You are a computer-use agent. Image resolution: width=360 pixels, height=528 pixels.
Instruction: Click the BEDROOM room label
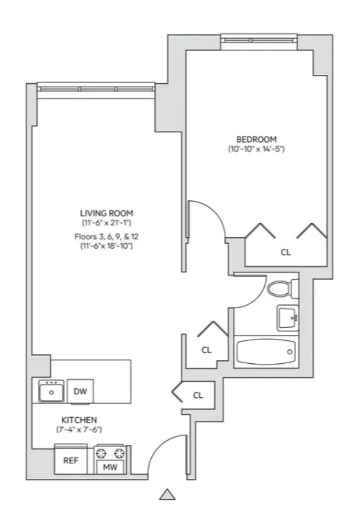point(256,139)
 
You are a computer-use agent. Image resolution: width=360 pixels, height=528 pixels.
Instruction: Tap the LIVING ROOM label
point(107,213)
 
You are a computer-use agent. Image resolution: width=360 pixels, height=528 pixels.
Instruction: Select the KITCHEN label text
point(79,420)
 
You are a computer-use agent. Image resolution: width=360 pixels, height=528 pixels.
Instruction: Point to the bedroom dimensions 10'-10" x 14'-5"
point(256,149)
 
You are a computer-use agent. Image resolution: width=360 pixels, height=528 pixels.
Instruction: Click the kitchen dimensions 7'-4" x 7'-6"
point(79,430)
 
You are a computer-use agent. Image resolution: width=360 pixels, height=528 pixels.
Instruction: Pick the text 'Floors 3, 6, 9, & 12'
point(107,236)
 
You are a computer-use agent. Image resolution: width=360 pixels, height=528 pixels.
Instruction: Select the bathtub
point(266,352)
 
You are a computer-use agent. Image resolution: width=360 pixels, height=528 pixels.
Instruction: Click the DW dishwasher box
point(80,391)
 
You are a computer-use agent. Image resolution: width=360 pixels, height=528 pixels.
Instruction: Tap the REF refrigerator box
point(71,461)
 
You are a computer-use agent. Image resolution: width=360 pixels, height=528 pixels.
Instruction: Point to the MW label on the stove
point(110,467)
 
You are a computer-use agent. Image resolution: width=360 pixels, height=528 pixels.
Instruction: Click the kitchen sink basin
point(51,392)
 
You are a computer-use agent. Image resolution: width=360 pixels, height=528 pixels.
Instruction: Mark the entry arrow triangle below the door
point(167,495)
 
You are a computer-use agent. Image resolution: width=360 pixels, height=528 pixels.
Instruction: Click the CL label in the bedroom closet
point(286,252)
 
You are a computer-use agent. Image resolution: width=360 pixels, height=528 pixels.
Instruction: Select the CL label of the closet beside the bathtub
point(206,350)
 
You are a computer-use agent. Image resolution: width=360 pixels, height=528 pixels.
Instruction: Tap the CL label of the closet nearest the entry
point(198,395)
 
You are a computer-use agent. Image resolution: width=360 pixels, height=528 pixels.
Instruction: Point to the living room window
point(96,89)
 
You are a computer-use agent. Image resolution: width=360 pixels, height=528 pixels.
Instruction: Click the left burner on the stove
point(102,454)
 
